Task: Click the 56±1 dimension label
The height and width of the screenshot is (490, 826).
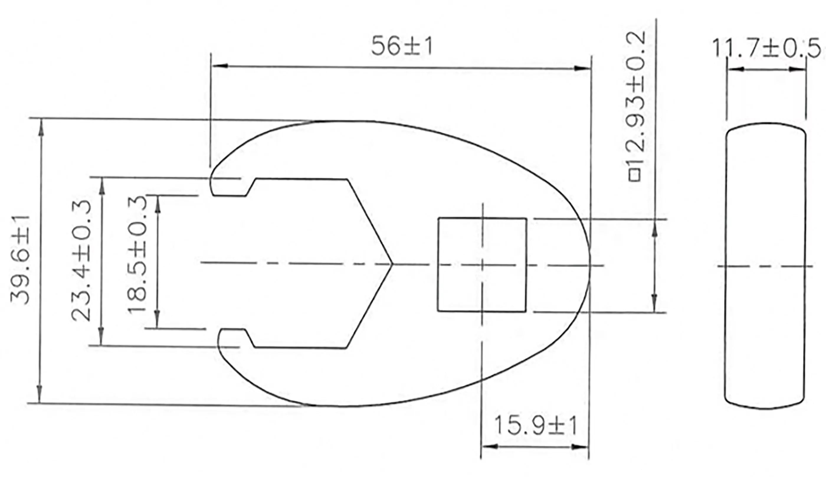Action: (x=401, y=46)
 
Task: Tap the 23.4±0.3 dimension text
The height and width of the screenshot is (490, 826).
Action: (x=81, y=261)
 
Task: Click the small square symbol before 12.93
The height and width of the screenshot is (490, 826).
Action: (x=635, y=175)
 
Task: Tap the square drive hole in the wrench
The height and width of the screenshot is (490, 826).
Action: (x=481, y=264)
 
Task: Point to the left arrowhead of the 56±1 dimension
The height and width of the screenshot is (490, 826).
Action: (x=219, y=66)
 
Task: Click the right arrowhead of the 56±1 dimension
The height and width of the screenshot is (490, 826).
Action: (x=582, y=68)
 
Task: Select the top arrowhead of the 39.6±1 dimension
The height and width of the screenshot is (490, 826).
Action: (x=41, y=127)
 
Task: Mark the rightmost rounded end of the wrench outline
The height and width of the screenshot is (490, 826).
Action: (x=589, y=264)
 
